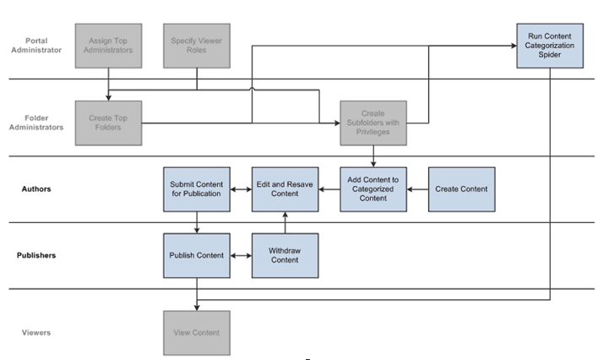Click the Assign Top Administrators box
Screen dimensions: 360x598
(x=108, y=46)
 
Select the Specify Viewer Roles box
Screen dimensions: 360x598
(x=197, y=46)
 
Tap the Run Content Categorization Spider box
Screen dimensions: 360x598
(x=550, y=46)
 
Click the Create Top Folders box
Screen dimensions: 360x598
(x=108, y=123)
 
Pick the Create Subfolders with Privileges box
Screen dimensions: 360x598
(x=373, y=123)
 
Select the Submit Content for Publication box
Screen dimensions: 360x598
(x=196, y=188)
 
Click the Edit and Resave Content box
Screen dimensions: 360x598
(x=285, y=188)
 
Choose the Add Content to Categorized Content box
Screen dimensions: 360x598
(x=373, y=188)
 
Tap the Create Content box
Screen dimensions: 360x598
(x=461, y=188)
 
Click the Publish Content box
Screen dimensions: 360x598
(x=196, y=255)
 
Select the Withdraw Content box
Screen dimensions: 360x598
(x=285, y=255)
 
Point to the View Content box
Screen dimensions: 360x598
(x=196, y=333)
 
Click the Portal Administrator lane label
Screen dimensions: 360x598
(x=36, y=45)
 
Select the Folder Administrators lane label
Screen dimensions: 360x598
(x=36, y=123)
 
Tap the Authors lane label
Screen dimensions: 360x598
(x=36, y=188)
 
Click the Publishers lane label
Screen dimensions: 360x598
(x=36, y=254)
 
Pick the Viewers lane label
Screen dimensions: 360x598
(x=36, y=333)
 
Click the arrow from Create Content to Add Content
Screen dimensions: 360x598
(x=417, y=189)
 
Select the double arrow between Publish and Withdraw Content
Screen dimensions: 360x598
(x=241, y=255)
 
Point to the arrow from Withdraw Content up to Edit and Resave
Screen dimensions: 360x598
(x=285, y=222)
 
